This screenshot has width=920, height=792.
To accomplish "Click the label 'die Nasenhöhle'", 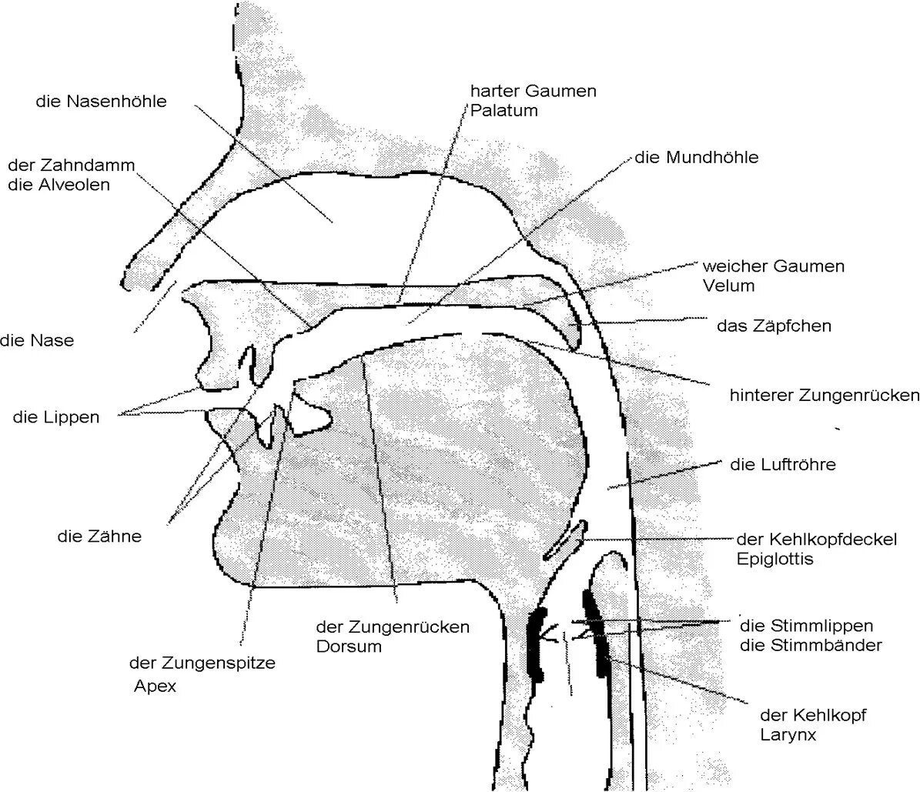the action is coord(101,101).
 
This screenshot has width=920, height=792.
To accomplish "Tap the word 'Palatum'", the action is coord(503,110).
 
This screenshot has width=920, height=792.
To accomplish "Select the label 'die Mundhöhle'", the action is coord(697,158).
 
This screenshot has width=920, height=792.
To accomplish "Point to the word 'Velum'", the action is coord(728,286).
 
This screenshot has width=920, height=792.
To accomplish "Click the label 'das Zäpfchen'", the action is coord(774,326).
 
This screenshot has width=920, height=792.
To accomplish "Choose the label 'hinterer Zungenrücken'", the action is coord(824,396).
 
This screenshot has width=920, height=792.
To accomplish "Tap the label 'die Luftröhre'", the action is coord(782,465).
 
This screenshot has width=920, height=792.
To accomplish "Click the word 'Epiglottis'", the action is coord(774,560).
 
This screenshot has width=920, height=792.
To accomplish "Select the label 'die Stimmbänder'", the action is coord(811,646).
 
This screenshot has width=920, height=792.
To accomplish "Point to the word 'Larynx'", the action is coord(788,735).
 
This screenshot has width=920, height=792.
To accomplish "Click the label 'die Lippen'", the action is coord(56,417).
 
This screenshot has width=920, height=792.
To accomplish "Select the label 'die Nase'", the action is coord(37,340).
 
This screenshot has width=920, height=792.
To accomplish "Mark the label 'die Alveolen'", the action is coord(59,185).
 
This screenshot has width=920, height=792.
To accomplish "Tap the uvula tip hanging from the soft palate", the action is coord(573,339).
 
